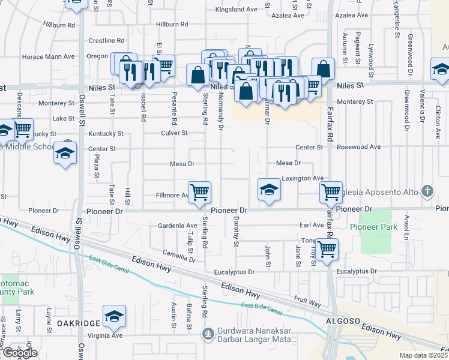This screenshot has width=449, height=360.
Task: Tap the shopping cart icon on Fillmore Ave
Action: [199, 192]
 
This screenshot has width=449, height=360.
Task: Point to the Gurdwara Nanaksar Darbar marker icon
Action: [208, 333]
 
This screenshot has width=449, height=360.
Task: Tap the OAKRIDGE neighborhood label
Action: [78, 323]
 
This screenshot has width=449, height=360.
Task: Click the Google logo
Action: [20, 353]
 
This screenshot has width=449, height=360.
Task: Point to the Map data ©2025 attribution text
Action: [424, 355]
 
